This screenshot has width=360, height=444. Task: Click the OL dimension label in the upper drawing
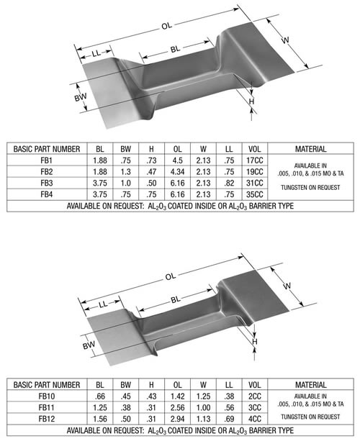[167, 26]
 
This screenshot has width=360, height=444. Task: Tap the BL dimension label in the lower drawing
[176, 298]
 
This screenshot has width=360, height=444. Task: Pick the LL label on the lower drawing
[99, 307]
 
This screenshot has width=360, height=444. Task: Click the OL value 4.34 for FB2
[177, 172]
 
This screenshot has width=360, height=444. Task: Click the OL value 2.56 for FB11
[177, 407]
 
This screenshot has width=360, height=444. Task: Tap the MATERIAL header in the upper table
[310, 150]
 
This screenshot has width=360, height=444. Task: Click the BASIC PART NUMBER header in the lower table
[47, 384]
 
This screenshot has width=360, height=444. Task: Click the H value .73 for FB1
[151, 161]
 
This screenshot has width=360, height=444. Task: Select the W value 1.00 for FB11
[203, 407]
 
